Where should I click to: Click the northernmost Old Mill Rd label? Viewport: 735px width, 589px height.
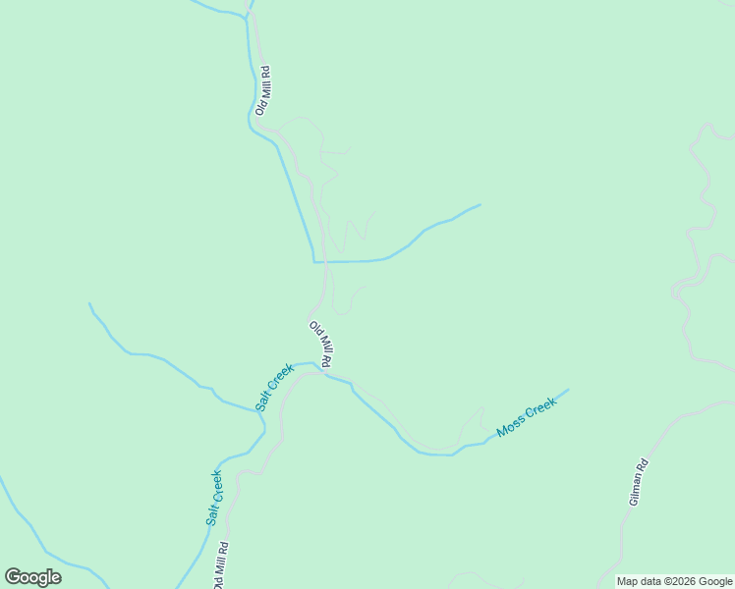pos(262,90)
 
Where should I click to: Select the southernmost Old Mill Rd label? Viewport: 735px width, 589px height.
pos(222,564)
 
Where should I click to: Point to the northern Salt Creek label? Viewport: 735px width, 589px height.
pos(275,388)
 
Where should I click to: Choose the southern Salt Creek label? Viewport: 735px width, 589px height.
pos(214,498)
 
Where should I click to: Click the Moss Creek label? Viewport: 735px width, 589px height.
pos(527,417)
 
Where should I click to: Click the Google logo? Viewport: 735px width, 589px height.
pos(32,577)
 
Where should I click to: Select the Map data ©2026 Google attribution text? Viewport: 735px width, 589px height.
pos(675,581)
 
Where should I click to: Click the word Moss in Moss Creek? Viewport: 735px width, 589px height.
pos(511,426)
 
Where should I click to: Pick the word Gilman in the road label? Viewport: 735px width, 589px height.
pos(637,489)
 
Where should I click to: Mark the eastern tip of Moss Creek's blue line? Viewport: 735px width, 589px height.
pos(568,390)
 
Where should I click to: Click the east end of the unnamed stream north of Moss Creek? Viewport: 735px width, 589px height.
pos(481,204)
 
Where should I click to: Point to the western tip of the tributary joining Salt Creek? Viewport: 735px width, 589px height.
pos(89,303)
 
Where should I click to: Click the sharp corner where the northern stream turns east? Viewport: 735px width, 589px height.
pos(314,262)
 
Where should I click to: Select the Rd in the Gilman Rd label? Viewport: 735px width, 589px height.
pos(643,464)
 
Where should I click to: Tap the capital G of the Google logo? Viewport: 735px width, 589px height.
pos(13,577)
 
